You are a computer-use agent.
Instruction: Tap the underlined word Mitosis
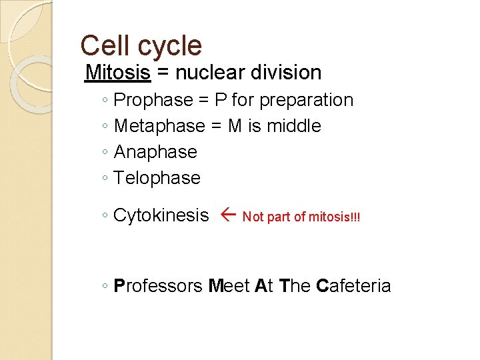click(x=118, y=72)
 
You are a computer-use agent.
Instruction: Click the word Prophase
click(x=153, y=101)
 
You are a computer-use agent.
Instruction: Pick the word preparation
click(x=306, y=101)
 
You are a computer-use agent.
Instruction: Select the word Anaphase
click(x=155, y=152)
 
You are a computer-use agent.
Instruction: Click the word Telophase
click(x=157, y=178)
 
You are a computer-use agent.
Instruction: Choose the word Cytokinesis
click(x=161, y=215)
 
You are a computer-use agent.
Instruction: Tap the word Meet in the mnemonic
click(x=229, y=286)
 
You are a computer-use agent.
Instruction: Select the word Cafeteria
click(x=353, y=286)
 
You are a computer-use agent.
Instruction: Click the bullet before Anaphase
click(x=106, y=153)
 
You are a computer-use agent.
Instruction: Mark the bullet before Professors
click(x=106, y=287)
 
